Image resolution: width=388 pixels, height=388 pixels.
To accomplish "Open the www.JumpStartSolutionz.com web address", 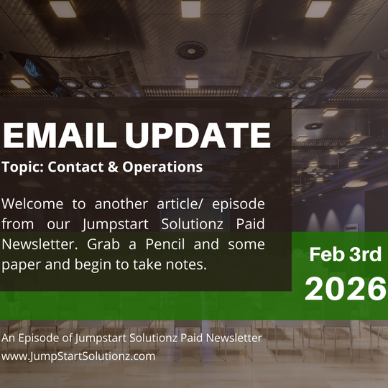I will point(78,355).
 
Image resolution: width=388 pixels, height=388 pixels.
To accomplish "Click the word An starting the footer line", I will point(9,338).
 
